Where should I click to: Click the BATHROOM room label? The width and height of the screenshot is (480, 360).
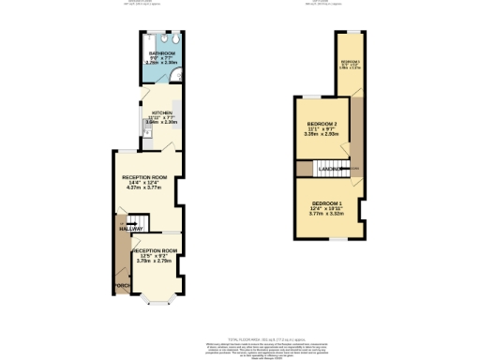(161, 53)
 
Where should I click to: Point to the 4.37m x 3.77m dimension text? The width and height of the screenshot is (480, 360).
(145, 187)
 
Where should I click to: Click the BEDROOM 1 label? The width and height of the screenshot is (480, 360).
(328, 204)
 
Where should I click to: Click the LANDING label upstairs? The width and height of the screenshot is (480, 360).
(329, 169)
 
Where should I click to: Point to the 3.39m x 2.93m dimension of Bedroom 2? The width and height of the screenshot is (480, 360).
(322, 134)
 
